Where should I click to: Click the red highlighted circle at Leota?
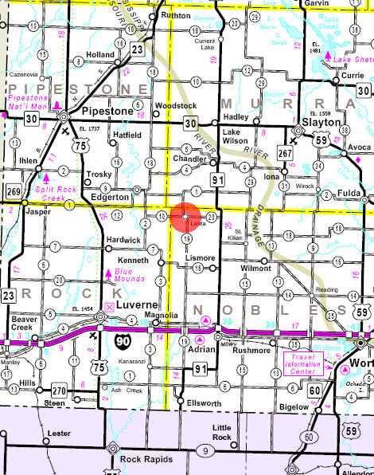pyautogui.click(x=185, y=217)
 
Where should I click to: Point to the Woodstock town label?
pyautogui.click(x=175, y=106)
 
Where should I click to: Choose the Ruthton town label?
pyautogui.click(x=176, y=15)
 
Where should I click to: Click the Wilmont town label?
pyautogui.click(x=255, y=269)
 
